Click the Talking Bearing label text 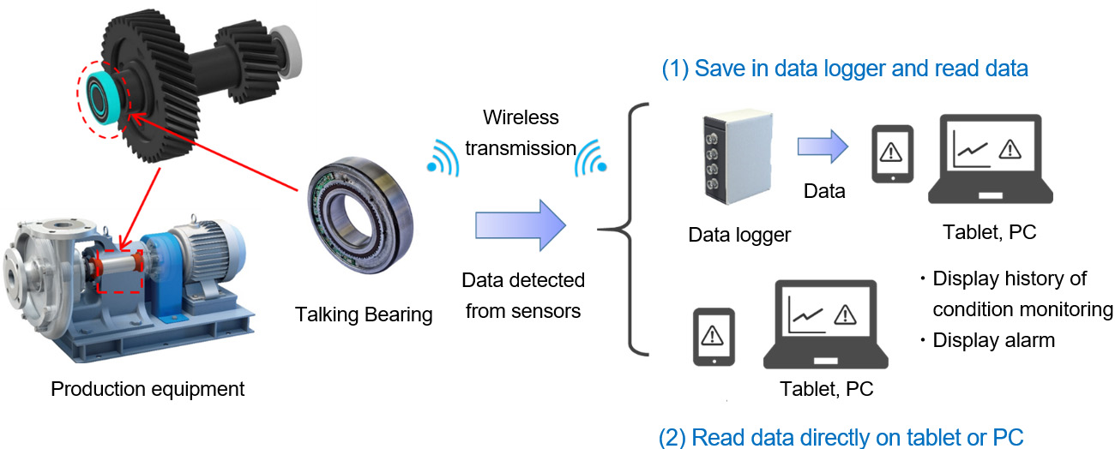click(x=364, y=314)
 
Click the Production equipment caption click(x=148, y=389)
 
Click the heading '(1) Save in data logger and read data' click(x=844, y=69)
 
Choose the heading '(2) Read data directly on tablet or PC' click(x=841, y=437)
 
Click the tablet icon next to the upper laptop click(x=892, y=154)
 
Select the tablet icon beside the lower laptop click(x=714, y=337)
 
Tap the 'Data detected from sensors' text click(x=523, y=296)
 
